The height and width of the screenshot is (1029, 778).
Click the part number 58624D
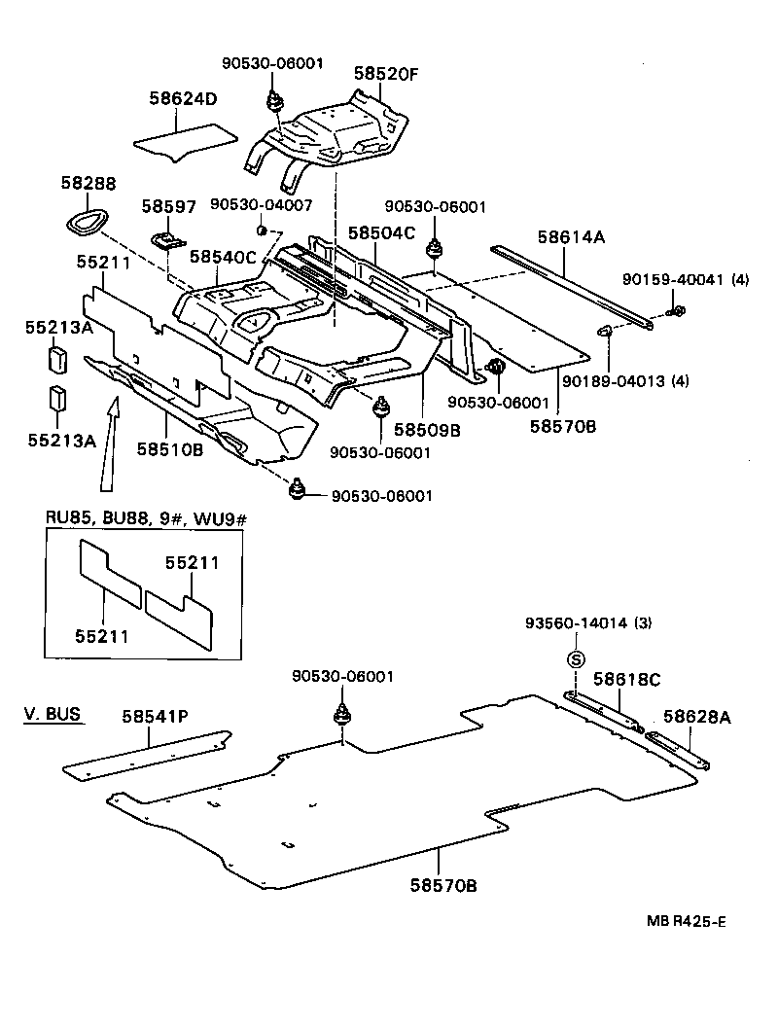tap(183, 98)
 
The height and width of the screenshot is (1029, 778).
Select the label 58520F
tap(386, 73)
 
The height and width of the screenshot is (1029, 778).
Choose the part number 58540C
tap(223, 257)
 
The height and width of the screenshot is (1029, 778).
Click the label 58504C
tap(381, 233)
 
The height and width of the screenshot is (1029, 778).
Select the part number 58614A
tap(571, 236)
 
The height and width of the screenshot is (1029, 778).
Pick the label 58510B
tap(169, 448)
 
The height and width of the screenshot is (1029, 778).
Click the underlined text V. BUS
tap(53, 716)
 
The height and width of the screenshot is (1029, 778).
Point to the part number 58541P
tap(155, 717)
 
